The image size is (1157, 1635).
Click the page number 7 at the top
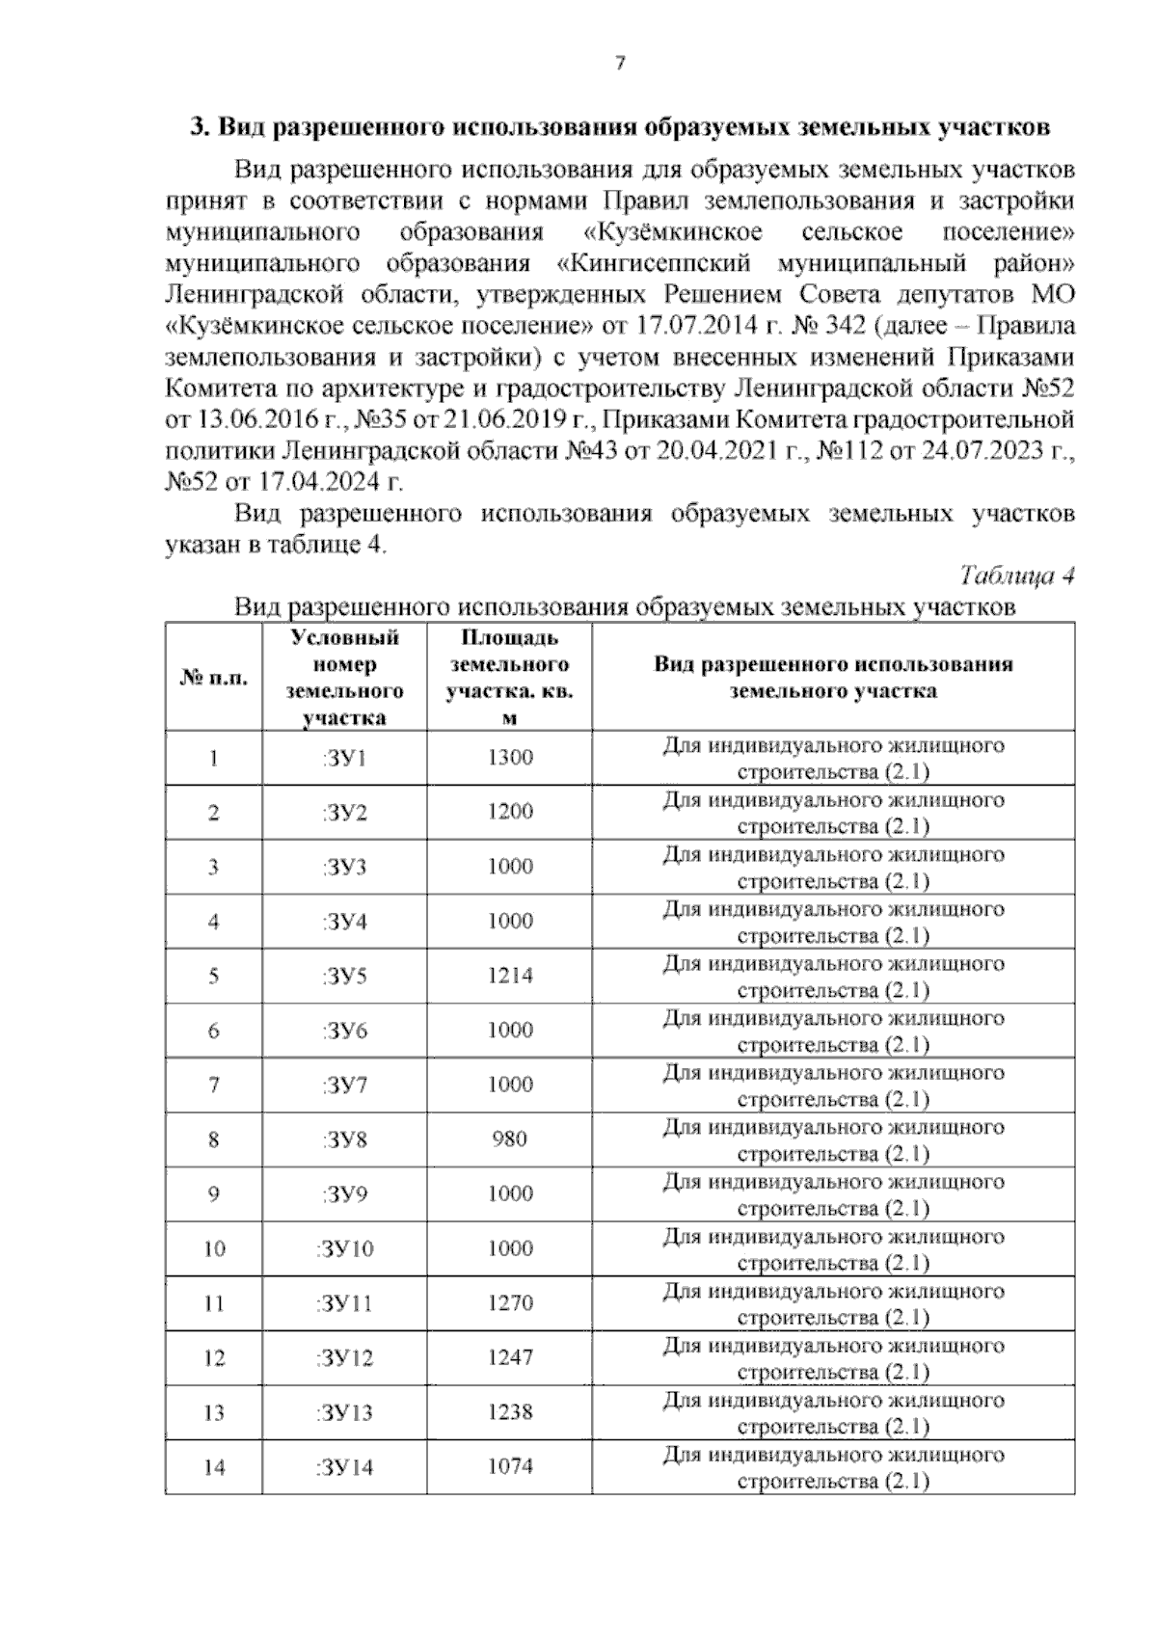coord(620,65)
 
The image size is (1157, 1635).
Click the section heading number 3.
coord(197,127)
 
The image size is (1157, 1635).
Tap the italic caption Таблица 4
coord(1017,576)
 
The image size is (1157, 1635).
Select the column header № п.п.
coord(213,678)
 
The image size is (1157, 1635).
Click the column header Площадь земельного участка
coord(509,678)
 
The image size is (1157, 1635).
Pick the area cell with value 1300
coord(509,758)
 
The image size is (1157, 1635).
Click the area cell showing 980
coord(509,1139)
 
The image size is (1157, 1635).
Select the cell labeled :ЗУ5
coord(344,977)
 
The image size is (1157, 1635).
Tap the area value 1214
coord(509,976)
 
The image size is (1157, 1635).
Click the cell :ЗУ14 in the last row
coord(344,1468)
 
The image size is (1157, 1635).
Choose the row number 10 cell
coord(213,1249)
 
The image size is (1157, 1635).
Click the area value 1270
coord(509,1303)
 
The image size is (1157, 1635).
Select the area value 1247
coord(509,1357)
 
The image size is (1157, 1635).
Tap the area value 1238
coord(509,1412)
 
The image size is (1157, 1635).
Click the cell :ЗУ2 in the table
coord(344,813)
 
